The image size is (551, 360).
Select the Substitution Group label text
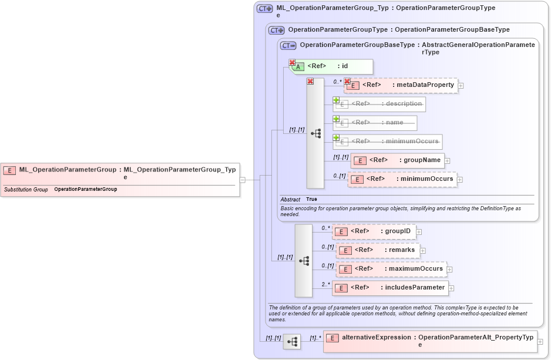pyautogui.click(x=26, y=190)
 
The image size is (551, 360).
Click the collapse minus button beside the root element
pyautogui.click(x=242, y=180)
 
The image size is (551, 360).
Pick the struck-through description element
pyautogui.click(x=379, y=104)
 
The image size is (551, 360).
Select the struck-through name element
pyautogui.click(x=375, y=123)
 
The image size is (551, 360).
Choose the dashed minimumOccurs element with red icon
pyautogui.click(x=402, y=179)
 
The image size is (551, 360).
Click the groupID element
pyautogui.click(x=375, y=231)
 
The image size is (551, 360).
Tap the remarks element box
pyautogui.click(x=377, y=250)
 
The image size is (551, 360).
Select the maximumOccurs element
pyautogui.click(x=391, y=269)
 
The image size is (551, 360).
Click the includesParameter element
pyautogui.click(x=390, y=288)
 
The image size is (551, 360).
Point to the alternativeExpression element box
pyautogui.click(x=430, y=341)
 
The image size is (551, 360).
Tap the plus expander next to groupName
pyautogui.click(x=447, y=160)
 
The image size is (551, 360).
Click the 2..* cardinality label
pyautogui.click(x=325, y=284)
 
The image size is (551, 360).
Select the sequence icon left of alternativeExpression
pyautogui.click(x=291, y=341)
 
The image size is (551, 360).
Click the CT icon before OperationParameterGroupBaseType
pyautogui.click(x=288, y=45)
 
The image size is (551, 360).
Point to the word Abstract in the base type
pyautogui.click(x=290, y=200)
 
